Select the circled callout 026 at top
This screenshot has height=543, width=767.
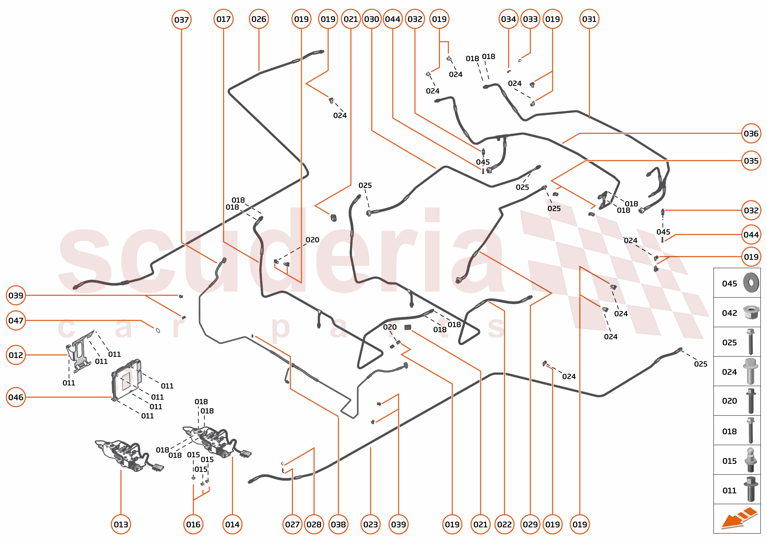259,19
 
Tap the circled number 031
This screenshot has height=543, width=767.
589,19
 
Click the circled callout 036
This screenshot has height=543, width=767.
751,134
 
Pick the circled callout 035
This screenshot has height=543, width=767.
751,161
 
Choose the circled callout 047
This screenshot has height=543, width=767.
16,321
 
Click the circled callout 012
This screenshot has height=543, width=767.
16,355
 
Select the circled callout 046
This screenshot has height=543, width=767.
16,397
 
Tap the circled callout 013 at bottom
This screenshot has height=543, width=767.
121,524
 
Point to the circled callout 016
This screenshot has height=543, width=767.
193,524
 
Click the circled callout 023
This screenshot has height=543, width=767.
370,524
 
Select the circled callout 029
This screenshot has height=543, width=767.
530,524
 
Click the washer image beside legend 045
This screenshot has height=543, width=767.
751,282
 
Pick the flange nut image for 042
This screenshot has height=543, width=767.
751,312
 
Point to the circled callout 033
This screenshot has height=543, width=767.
530,19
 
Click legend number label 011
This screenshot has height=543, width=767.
729,491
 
